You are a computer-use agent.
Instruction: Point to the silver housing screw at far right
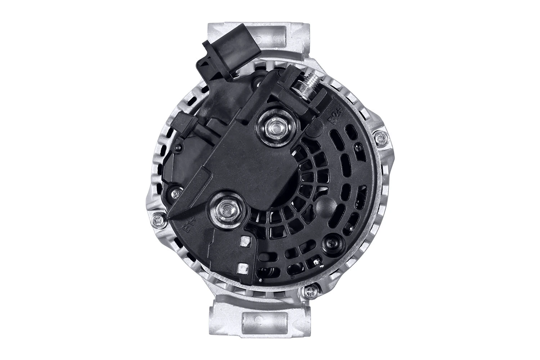pos(381,139)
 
